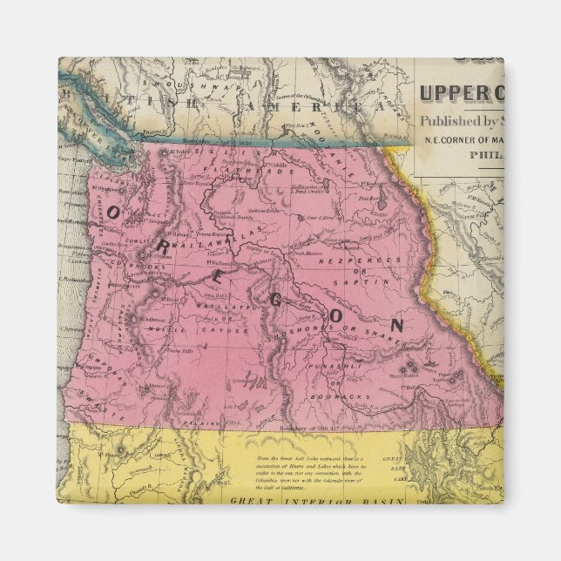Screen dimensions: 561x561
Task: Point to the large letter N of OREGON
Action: [396, 326]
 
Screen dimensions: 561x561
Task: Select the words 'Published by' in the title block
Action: [458, 121]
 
